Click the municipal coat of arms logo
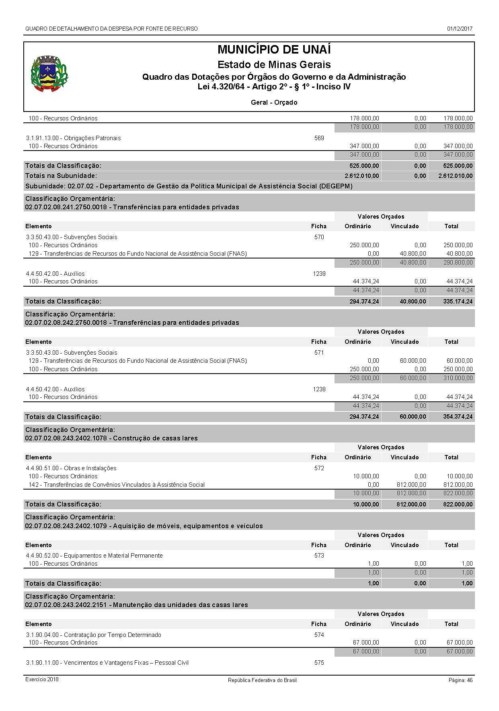pyautogui.click(x=49, y=73)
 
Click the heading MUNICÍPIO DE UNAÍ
pyautogui.click(x=274, y=50)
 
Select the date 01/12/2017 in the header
pyautogui.click(x=460, y=29)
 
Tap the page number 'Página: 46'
pyautogui.click(x=460, y=680)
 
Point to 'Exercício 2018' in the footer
pyautogui.click(x=42, y=680)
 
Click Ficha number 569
pyautogui.click(x=319, y=138)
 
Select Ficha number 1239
pyautogui.click(x=319, y=274)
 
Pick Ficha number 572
pyautogui.click(x=319, y=468)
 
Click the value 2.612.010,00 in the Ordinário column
pyautogui.click(x=361, y=176)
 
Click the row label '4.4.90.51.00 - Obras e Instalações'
pyautogui.click(x=71, y=468)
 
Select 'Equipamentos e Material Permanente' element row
pyautogui.click(x=94, y=556)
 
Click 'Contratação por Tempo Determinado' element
pyautogui.click(x=94, y=635)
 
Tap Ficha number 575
pyautogui.click(x=319, y=663)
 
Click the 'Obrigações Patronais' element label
pyautogui.click(x=74, y=138)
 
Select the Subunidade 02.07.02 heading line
pyautogui.click(x=189, y=186)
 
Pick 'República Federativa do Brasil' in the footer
pyautogui.click(x=262, y=680)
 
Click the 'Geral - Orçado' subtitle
pyautogui.click(x=274, y=102)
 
